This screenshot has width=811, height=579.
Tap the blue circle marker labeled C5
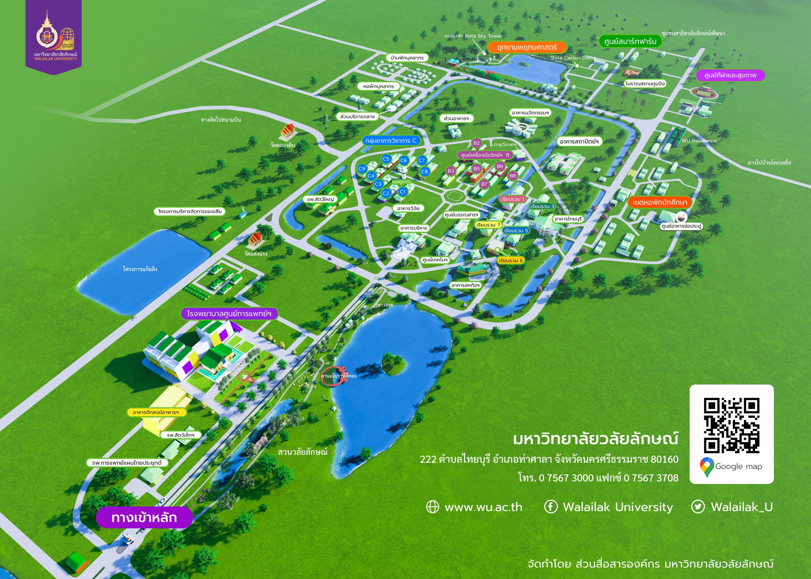tap(386, 159)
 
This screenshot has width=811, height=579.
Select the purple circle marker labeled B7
tap(484, 184)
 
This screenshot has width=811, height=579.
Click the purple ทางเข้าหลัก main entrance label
tap(144, 517)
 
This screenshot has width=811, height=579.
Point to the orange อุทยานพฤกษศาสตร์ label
tap(527, 47)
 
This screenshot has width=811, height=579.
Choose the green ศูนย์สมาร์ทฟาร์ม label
tap(630, 41)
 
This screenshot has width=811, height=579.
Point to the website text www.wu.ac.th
tap(483, 507)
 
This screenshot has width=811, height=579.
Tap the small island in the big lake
tap(394, 364)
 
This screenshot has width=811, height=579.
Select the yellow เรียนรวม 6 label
tap(511, 261)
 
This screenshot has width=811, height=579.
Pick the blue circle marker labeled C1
tap(402, 192)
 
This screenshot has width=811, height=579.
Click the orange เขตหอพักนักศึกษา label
tap(659, 203)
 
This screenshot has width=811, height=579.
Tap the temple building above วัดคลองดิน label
tap(288, 132)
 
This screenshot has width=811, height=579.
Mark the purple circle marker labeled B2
tap(476, 143)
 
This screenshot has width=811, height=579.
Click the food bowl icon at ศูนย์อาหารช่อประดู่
tap(681, 216)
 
